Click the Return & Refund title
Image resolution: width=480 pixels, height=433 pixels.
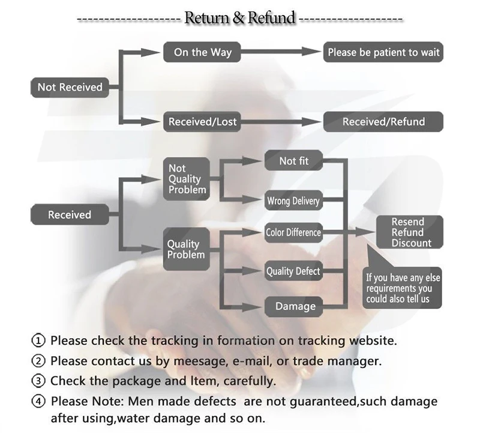point(240,18)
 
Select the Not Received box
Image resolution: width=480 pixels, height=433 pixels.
point(70,87)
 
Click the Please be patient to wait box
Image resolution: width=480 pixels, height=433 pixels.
point(383,52)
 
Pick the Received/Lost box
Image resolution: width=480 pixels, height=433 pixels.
point(203,122)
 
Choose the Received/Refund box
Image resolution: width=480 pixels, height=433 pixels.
point(383,122)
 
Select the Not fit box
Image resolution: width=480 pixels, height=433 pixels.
point(293,161)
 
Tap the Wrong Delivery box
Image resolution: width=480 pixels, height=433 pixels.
point(293,201)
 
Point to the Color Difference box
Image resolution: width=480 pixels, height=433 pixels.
point(293,232)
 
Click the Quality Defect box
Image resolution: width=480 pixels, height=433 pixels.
point(293,271)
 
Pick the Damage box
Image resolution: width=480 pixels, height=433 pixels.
point(295,306)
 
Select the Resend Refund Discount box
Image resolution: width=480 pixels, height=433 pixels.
point(410,232)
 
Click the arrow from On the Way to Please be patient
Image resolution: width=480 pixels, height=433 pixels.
point(277,52)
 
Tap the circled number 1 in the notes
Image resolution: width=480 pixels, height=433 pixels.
point(38,341)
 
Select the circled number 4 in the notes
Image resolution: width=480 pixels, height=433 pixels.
point(38,401)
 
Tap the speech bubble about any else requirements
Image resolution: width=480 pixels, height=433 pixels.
point(403,286)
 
